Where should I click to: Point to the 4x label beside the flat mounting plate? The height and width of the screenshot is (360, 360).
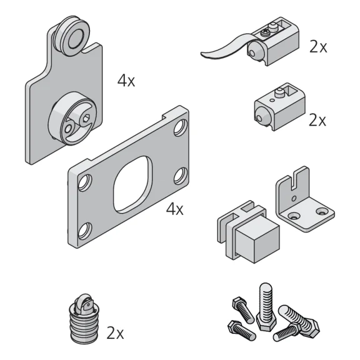(174, 209)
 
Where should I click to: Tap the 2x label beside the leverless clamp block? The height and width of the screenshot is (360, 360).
(317, 120)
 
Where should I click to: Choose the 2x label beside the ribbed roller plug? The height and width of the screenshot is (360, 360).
(115, 333)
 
